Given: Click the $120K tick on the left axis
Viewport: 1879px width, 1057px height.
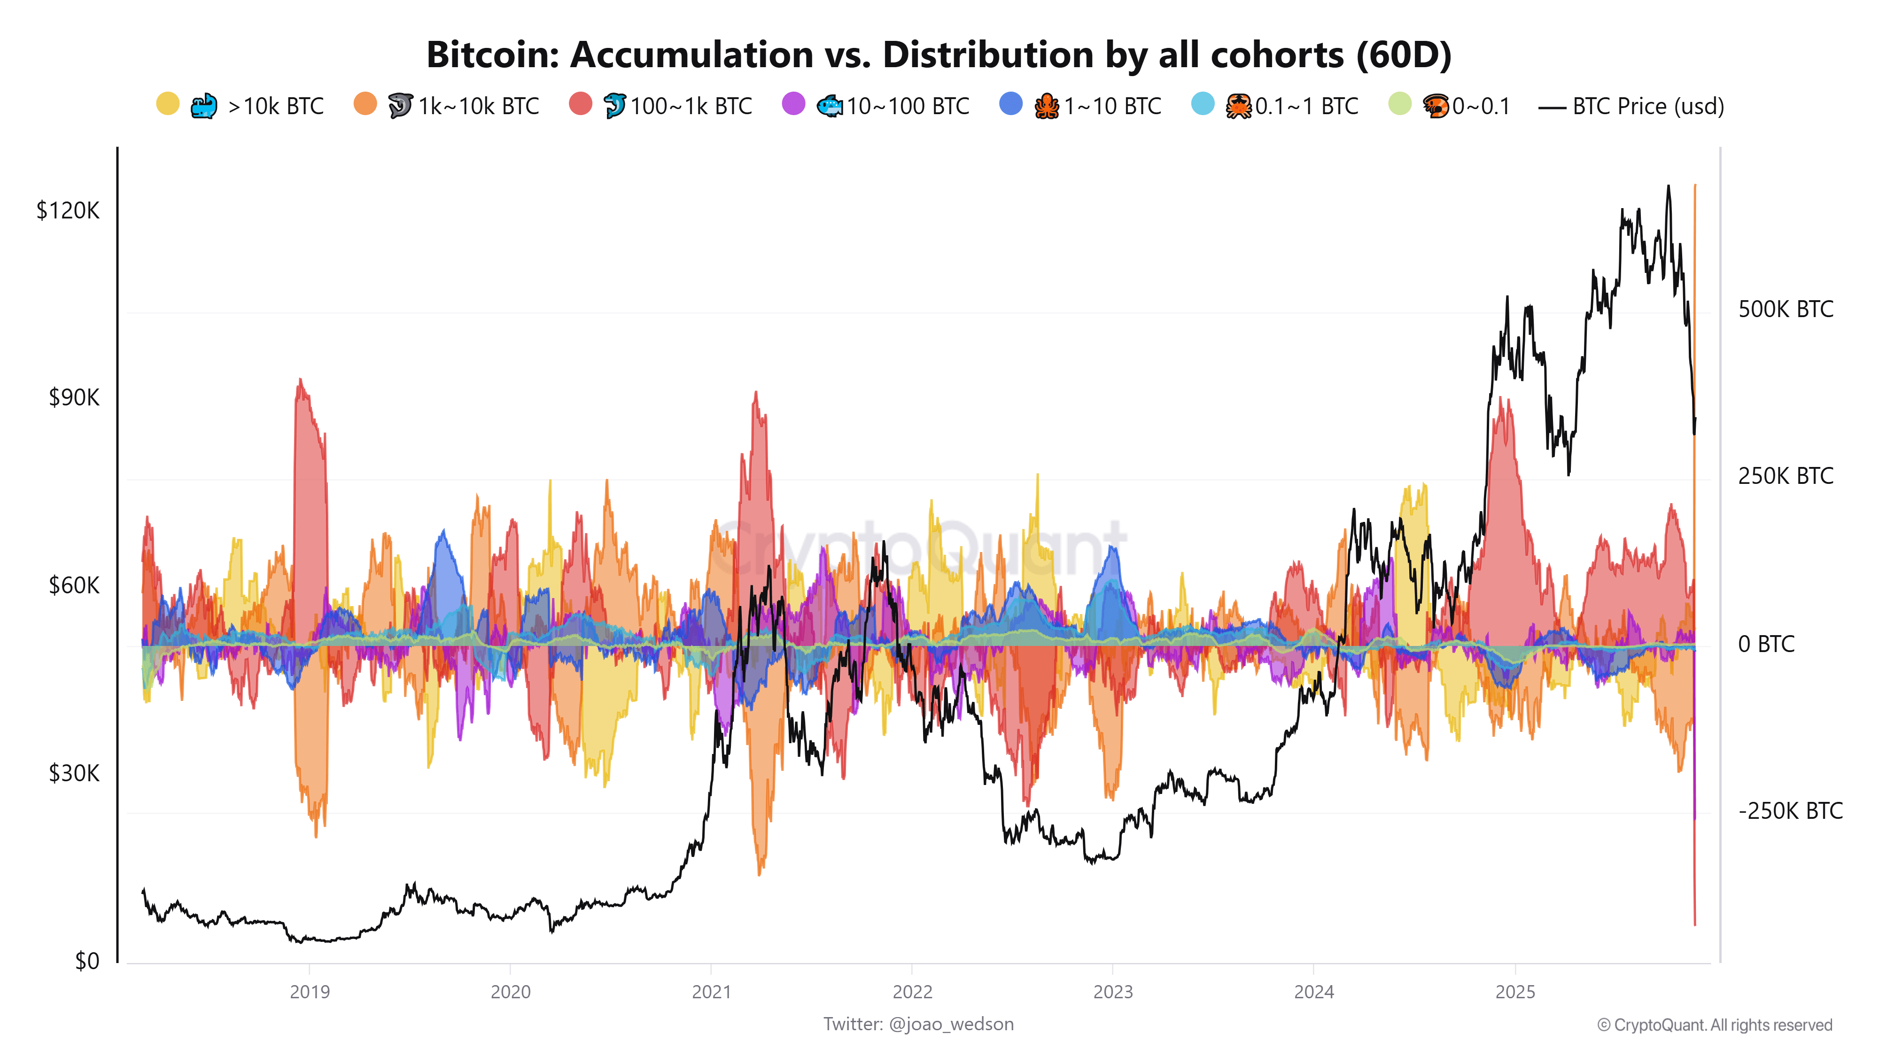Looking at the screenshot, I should [x=68, y=211].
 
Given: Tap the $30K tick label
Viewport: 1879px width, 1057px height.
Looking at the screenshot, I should [x=74, y=773].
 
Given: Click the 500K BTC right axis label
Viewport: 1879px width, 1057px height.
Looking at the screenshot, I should [x=1785, y=309].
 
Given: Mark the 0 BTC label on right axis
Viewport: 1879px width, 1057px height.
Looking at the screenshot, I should [x=1765, y=644].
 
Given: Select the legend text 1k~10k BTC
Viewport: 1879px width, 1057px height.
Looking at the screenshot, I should [x=479, y=107].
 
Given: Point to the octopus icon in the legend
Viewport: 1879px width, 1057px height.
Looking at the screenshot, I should [x=1046, y=107].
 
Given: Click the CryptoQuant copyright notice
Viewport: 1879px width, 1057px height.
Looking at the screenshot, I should [x=1714, y=1025].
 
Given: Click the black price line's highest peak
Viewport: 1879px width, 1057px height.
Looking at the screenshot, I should [x=1668, y=187].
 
